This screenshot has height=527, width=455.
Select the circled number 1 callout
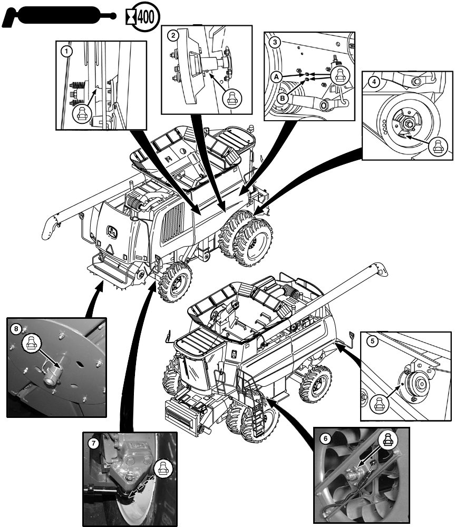pos(65,52)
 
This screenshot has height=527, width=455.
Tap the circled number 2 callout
pos(172,36)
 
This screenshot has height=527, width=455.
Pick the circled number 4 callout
pos(373,82)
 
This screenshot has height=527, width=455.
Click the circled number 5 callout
pos(372,341)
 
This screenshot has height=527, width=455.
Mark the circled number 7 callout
pos(93,443)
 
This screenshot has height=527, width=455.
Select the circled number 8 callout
pos(16,328)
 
